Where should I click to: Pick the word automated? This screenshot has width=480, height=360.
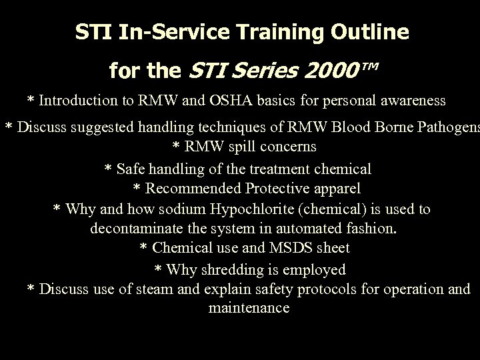307,228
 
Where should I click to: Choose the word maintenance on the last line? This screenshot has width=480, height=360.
249,308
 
